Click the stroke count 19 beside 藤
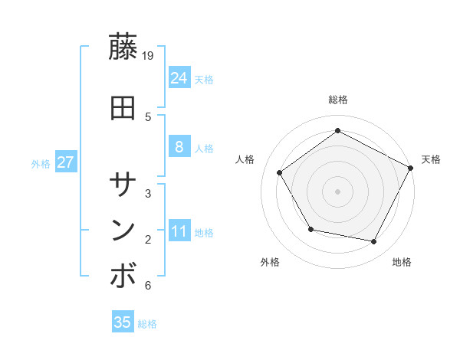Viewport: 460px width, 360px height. [149, 55]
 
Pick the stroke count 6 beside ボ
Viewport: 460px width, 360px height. [147, 286]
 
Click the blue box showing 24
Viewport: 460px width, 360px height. [179, 78]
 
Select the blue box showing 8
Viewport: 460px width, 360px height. [179, 147]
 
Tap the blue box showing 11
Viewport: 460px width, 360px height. [179, 231]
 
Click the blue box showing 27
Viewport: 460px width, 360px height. [65, 162]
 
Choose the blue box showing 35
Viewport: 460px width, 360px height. [123, 322]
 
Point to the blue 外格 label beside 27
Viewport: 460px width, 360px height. [41, 163]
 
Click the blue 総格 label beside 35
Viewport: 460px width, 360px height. [147, 324]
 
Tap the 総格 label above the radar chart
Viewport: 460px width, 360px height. [338, 100]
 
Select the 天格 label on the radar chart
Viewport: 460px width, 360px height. [431, 159]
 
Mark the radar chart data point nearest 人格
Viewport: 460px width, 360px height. [280, 173]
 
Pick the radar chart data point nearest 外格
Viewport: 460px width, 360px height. [310, 229]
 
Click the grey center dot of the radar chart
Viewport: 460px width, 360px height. [338, 191]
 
